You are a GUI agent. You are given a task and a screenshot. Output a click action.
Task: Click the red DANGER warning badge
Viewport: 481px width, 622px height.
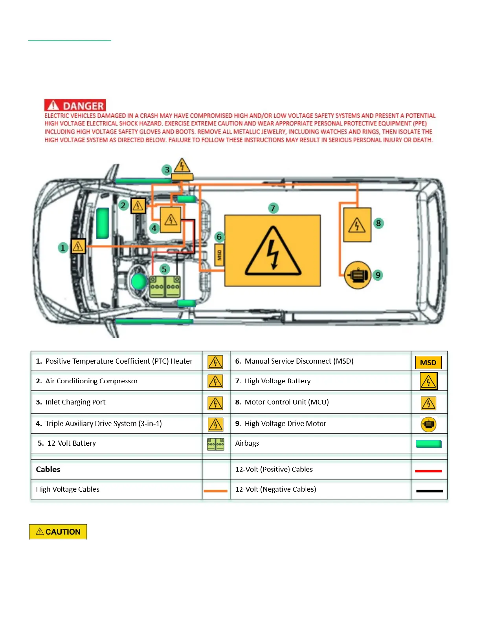coord(75,105)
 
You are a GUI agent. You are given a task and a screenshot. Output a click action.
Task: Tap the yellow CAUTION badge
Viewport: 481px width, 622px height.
coord(58,532)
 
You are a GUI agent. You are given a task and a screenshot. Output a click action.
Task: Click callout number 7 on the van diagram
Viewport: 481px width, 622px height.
coord(273,208)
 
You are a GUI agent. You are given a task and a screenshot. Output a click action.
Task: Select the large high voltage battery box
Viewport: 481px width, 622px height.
coord(272,251)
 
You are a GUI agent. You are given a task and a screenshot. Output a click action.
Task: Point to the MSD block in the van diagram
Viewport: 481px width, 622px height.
coord(219,255)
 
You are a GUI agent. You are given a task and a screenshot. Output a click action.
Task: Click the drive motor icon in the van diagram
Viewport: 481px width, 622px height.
coord(358,275)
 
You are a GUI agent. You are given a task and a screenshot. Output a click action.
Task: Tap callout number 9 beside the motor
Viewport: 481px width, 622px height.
coord(378,275)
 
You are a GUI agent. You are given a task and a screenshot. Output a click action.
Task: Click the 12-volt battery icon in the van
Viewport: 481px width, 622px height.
coord(165,287)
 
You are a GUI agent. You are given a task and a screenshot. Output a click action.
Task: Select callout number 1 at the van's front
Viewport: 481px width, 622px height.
coord(62,248)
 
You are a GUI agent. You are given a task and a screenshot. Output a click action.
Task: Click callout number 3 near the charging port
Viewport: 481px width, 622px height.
coord(167,170)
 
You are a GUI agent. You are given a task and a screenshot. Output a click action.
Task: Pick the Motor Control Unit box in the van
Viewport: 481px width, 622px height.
coord(357,225)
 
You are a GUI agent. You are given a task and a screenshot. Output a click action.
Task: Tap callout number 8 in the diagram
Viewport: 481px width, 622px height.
coord(378,223)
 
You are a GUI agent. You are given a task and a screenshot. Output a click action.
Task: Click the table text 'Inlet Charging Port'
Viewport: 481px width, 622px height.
coord(75,402)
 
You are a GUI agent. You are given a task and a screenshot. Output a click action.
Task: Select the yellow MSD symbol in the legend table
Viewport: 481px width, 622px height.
coord(428,362)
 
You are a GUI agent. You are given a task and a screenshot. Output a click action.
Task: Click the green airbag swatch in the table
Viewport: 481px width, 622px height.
coord(428,444)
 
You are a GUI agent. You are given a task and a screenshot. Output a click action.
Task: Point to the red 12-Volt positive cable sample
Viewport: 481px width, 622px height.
coord(428,471)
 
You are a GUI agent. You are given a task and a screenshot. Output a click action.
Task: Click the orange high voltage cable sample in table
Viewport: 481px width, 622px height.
coord(215,491)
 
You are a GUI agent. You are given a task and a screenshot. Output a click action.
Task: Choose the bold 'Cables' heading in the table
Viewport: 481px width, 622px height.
coord(48,469)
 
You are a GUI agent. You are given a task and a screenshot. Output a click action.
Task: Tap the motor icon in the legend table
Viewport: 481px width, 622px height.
coord(428,424)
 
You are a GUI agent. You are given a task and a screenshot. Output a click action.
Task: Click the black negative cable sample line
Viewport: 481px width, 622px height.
coord(430,491)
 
